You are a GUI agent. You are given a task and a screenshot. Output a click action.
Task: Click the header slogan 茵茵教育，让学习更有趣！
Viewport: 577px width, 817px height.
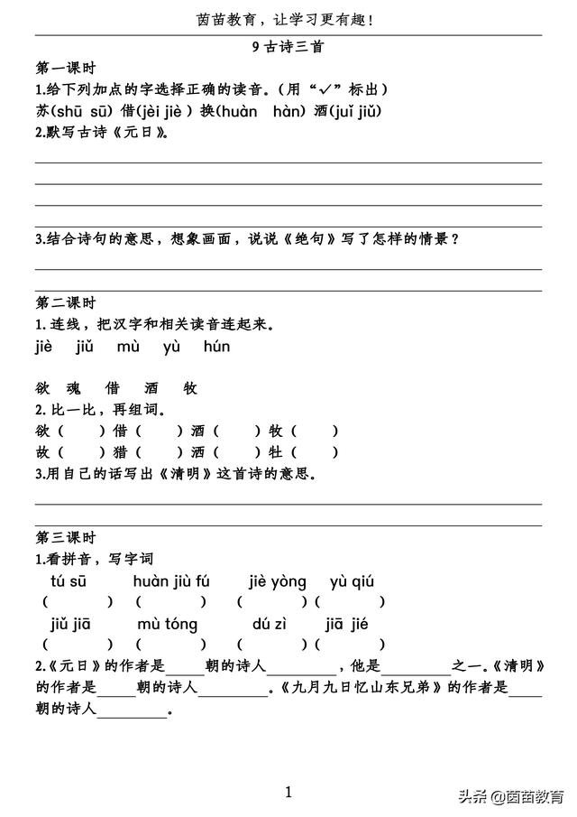288,19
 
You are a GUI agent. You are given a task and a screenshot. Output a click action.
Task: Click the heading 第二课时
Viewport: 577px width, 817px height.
66,303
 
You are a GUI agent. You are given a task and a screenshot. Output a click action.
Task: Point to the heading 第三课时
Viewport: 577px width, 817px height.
66,538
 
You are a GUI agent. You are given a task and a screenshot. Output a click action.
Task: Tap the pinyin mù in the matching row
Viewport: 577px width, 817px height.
127,348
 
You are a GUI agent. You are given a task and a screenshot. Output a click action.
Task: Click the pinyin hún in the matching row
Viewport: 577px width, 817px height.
216,348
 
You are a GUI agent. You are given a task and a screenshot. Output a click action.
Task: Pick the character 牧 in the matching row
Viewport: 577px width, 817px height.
190,389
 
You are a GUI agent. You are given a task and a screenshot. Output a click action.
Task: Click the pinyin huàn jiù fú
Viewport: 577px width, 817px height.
171,581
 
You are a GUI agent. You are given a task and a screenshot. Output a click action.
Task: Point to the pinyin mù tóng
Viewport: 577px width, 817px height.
168,625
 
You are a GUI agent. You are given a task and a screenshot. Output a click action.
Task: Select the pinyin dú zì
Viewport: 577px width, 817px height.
268,625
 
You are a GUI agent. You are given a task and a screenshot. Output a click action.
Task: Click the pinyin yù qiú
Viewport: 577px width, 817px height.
353,581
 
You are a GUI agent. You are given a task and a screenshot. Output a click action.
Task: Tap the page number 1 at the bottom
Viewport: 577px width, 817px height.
288,793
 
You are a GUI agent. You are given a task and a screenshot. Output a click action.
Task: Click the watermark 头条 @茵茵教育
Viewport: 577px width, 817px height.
509,796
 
